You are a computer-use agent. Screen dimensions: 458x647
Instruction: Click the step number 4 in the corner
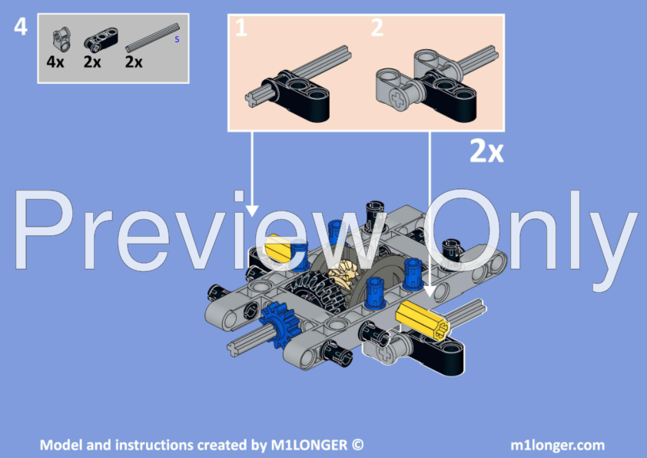(x=21, y=27)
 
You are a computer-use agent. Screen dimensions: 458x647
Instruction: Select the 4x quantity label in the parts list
(x=55, y=62)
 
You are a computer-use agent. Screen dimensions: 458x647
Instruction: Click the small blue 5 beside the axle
(x=178, y=39)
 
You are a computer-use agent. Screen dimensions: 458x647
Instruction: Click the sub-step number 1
(x=241, y=29)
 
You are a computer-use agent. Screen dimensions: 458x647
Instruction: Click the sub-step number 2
(x=377, y=29)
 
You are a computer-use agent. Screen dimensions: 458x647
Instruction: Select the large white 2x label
(x=486, y=152)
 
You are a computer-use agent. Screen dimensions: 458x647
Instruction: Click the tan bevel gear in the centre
(x=343, y=277)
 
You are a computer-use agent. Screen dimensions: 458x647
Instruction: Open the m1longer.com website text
(x=557, y=445)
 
